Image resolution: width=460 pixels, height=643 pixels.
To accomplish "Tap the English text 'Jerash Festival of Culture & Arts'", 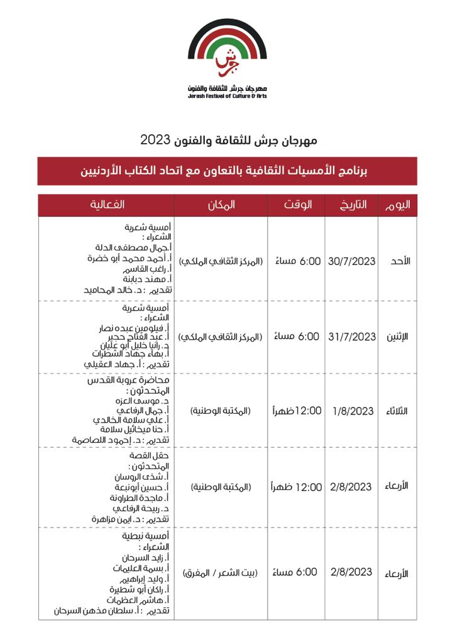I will tap(227, 97).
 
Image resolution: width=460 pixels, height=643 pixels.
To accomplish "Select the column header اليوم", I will tap(397, 205).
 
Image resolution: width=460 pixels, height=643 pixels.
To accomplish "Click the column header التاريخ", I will tap(352, 205).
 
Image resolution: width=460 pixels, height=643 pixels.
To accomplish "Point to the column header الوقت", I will tap(296, 205).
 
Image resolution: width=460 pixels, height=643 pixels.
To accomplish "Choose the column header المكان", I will tap(221, 205).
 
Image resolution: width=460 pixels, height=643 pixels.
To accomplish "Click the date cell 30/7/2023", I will tap(352, 261).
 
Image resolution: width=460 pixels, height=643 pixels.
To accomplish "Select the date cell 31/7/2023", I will tap(352, 337).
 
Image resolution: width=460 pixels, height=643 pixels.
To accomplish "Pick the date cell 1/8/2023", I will tap(353, 411).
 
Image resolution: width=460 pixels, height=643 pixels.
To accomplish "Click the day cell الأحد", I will tap(400, 261).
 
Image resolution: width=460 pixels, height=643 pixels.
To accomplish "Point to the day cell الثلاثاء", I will tap(398, 411).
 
